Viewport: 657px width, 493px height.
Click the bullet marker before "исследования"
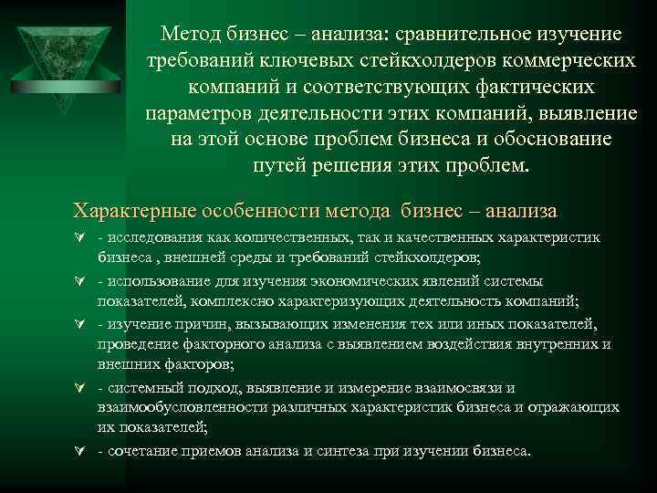coord(79,239)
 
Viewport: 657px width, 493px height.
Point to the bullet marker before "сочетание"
coord(79,450)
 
